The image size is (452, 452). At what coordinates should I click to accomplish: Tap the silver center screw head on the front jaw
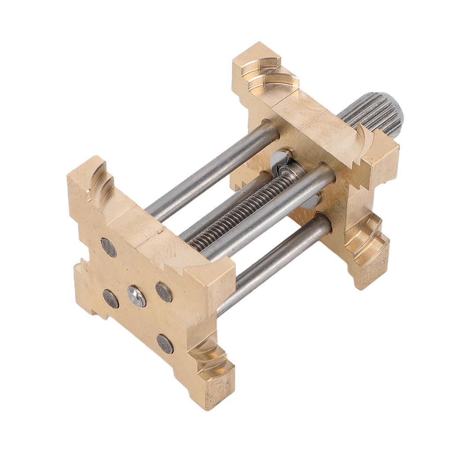click(x=137, y=296)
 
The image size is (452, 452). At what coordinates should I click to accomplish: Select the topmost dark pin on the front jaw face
click(x=109, y=247)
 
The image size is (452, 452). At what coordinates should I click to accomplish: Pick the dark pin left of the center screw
click(x=110, y=299)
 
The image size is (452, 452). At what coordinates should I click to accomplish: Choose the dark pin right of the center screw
click(x=164, y=292)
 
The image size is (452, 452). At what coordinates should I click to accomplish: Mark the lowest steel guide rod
click(x=274, y=265)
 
